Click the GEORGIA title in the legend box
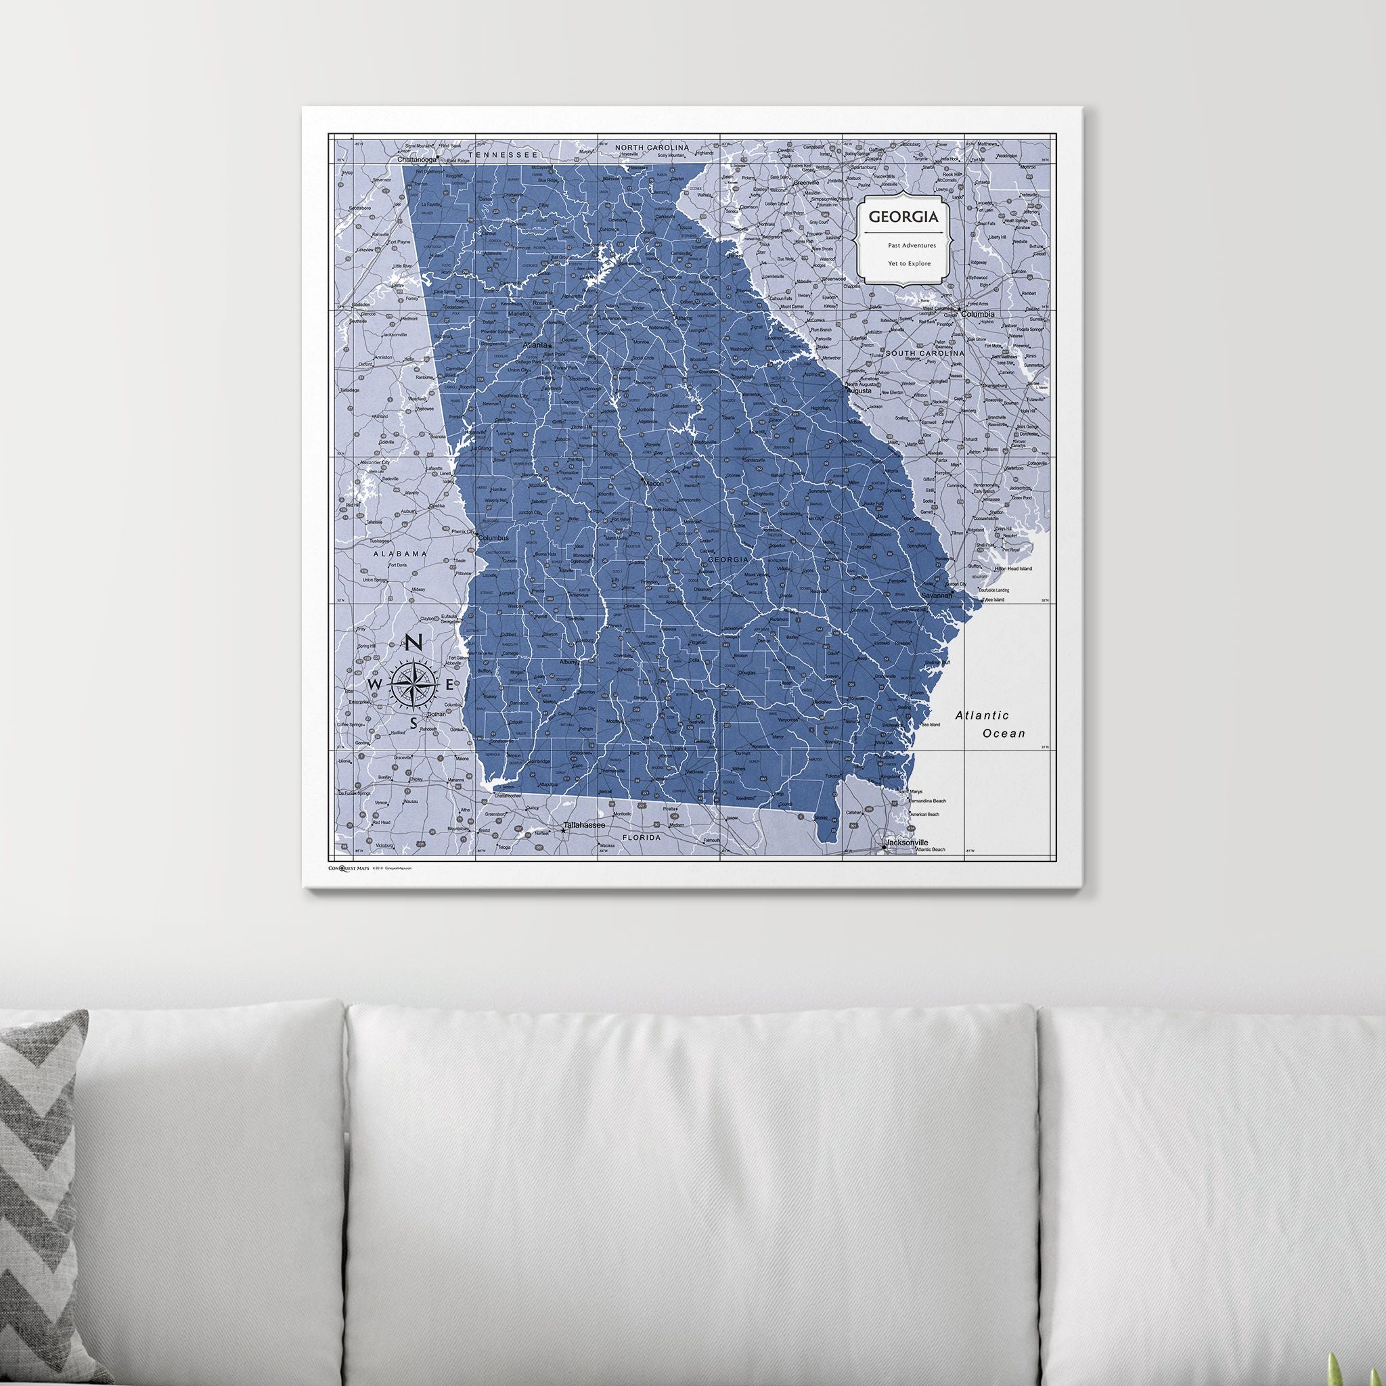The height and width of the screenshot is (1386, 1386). pyautogui.click(x=903, y=216)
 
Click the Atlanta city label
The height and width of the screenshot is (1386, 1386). pyautogui.click(x=535, y=344)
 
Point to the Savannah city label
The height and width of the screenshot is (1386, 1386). pyautogui.click(x=936, y=596)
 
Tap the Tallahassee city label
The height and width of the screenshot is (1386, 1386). pyautogui.click(x=585, y=826)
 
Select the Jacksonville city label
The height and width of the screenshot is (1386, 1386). pyautogui.click(x=906, y=841)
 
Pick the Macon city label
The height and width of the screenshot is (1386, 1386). pyautogui.click(x=653, y=483)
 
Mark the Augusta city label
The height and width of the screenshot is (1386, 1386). pyautogui.click(x=859, y=392)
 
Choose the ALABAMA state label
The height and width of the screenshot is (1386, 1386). pyautogui.click(x=399, y=553)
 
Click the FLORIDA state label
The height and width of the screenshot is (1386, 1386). pyautogui.click(x=641, y=836)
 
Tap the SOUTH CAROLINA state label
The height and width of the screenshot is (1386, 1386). pyautogui.click(x=924, y=354)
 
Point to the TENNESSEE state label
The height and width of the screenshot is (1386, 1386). pyautogui.click(x=502, y=154)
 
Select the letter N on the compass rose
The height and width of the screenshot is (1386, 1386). pyautogui.click(x=413, y=644)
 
